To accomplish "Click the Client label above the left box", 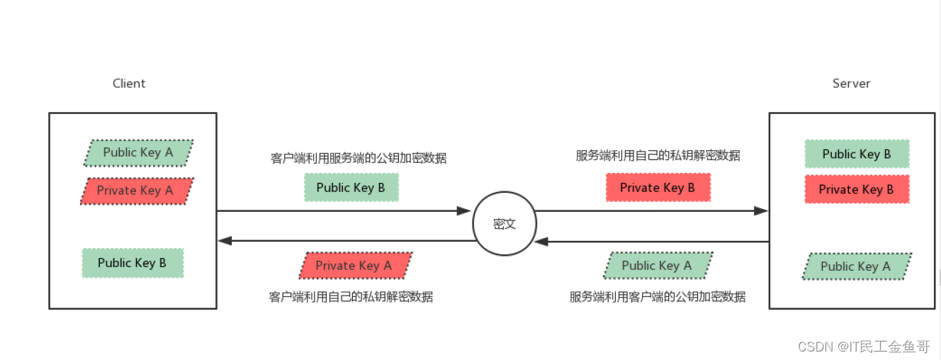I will pyautogui.click(x=129, y=84).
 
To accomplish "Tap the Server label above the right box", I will pyautogui.click(x=851, y=84).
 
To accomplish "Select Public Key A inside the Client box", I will pyautogui.click(x=138, y=152).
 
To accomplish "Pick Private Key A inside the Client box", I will pyautogui.click(x=135, y=190).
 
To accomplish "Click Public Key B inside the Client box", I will pyautogui.click(x=133, y=263).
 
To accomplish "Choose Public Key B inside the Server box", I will pyautogui.click(x=857, y=154).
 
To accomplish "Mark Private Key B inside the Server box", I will pyautogui.click(x=857, y=189).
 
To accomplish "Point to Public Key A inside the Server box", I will pyautogui.click(x=856, y=266).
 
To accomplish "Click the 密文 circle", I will pyautogui.click(x=505, y=224).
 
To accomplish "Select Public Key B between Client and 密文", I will pyautogui.click(x=351, y=188).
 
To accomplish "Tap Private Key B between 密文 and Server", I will pyautogui.click(x=657, y=188).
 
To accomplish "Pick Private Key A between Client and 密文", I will pyautogui.click(x=354, y=266).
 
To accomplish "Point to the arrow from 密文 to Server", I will pyautogui.click(x=652, y=210).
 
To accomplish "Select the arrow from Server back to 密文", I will pyautogui.click(x=652, y=242).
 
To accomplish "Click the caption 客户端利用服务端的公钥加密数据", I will pyautogui.click(x=359, y=158).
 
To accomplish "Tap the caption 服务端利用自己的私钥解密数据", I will pyautogui.click(x=658, y=156).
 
